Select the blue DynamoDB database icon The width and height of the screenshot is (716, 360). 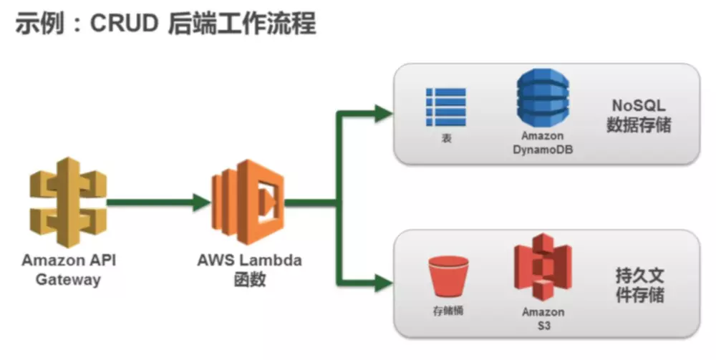click(542, 99)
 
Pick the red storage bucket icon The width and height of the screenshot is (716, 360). click(447, 276)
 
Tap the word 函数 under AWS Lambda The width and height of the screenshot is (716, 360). click(249, 280)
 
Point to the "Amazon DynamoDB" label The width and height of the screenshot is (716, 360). click(542, 142)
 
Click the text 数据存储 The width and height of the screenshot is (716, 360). click(639, 125)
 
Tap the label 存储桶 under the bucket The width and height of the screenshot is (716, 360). click(447, 311)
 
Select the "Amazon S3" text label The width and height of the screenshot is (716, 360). click(543, 318)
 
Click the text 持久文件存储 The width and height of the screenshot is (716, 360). click(639, 284)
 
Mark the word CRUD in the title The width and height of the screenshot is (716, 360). click(125, 23)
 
